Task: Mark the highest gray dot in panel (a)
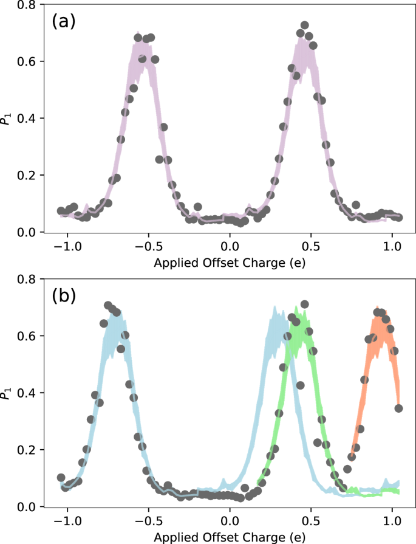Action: pos(304,26)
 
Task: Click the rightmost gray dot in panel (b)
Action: pos(399,408)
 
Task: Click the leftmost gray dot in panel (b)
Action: pos(61,478)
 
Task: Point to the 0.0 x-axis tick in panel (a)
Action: pos(230,247)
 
